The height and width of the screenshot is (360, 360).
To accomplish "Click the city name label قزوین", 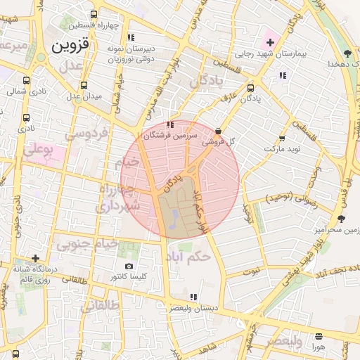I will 71,46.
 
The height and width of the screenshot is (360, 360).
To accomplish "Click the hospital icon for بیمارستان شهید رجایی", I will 270,43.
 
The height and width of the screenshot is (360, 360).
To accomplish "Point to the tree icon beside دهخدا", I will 347,53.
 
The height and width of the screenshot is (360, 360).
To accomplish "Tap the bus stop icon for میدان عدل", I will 84,86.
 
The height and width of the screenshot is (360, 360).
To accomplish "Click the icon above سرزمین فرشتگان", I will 169,124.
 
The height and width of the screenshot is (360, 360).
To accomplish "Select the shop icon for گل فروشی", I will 219,131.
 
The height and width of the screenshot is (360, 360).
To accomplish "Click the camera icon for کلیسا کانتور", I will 129,266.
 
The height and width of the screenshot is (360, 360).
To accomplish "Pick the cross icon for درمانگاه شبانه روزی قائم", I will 35,258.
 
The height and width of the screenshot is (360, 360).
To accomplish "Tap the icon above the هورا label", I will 319,335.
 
